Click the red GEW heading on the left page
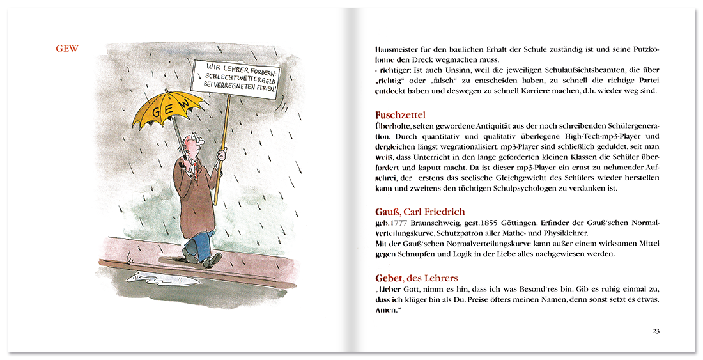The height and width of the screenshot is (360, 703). coord(66,49)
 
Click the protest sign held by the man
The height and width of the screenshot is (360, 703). coord(236,81)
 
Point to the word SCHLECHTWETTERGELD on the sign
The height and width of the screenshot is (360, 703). coord(236,81)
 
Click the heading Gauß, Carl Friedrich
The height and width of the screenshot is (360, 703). coord(419,212)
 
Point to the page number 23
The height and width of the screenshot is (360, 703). coord(656,331)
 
